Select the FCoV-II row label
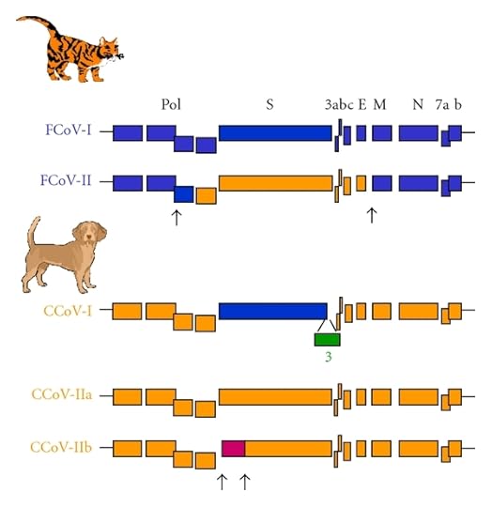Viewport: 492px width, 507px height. click(x=69, y=181)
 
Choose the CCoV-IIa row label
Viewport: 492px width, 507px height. click(x=69, y=396)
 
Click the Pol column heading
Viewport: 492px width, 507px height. click(x=171, y=104)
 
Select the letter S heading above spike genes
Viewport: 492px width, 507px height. click(x=269, y=104)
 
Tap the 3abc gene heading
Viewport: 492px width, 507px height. click(x=338, y=104)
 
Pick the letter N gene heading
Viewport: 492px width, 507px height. click(x=418, y=104)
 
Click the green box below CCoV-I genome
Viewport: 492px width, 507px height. click(x=327, y=339)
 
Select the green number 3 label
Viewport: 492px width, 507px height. click(x=328, y=358)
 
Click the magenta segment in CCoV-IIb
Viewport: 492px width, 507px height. click(x=234, y=447)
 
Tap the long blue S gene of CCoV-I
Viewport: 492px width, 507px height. click(x=272, y=311)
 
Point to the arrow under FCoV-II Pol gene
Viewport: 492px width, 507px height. click(x=176, y=216)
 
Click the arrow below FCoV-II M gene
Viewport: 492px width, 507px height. click(x=372, y=215)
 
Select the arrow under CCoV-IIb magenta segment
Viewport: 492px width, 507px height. click(x=244, y=482)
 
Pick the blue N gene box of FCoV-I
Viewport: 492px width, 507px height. click(x=418, y=133)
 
